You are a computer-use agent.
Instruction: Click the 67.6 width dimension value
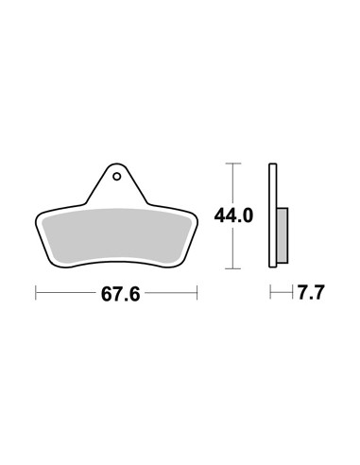[120, 295]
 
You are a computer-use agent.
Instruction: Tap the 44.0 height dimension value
[233, 216]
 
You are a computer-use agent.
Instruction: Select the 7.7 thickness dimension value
[311, 293]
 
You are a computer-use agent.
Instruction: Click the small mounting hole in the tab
[117, 177]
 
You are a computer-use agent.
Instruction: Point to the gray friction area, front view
[116, 235]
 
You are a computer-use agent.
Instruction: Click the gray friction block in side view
[283, 235]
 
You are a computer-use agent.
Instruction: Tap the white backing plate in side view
[273, 215]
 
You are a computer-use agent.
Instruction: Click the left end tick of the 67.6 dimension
[36, 293]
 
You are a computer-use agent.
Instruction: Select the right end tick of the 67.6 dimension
[197, 293]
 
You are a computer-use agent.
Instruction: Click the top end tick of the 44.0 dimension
[233, 164]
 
